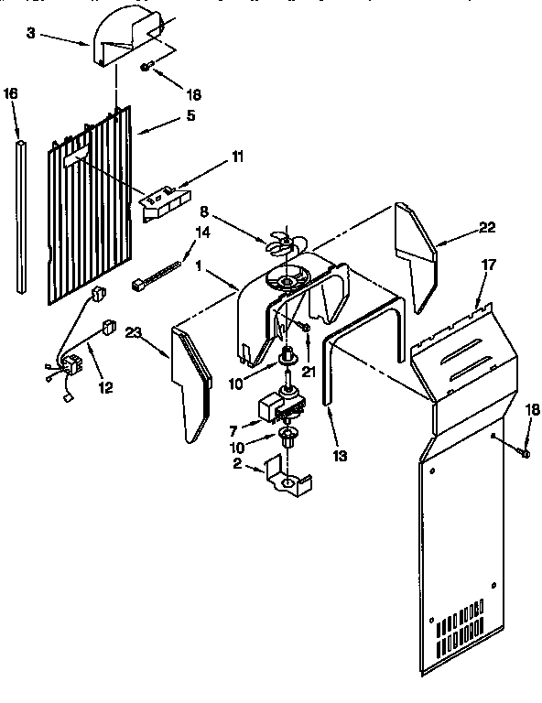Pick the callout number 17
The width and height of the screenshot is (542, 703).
[x=489, y=265]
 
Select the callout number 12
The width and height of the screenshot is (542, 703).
[x=106, y=387]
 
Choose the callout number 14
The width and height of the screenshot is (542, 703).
[x=202, y=233]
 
